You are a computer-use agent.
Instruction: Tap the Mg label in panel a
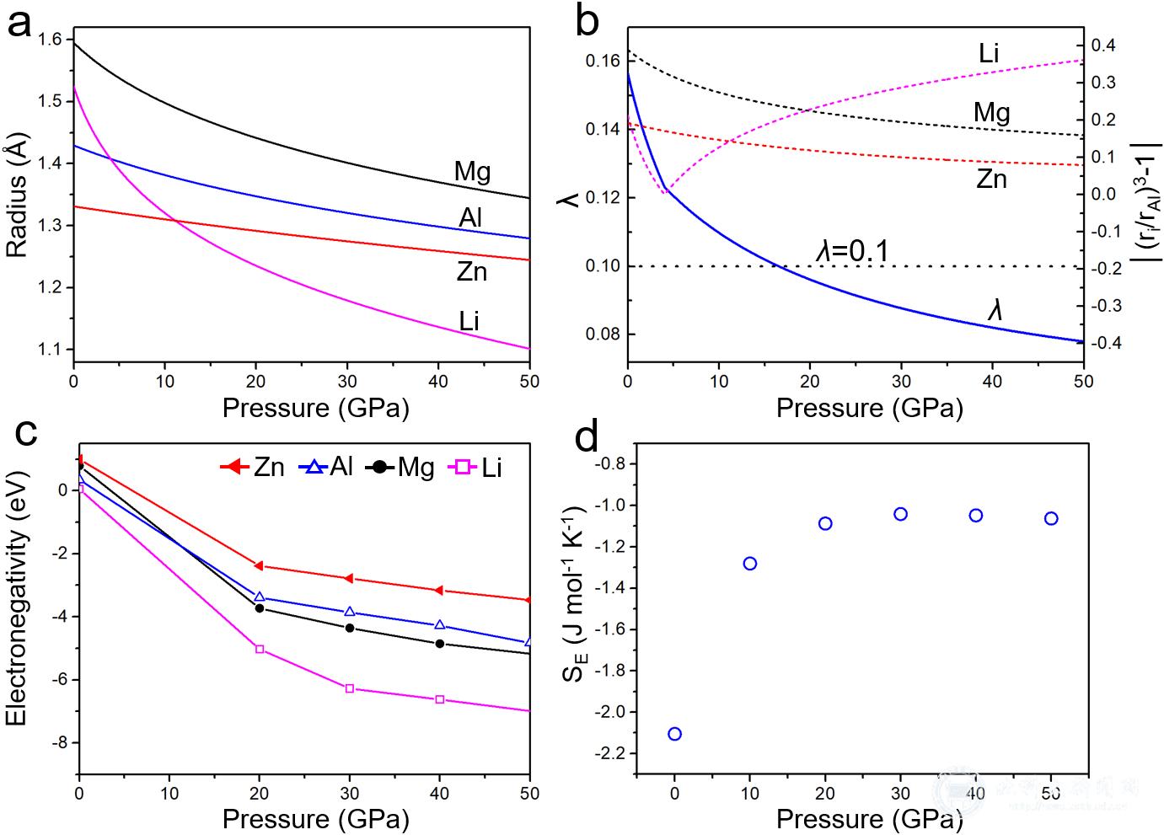[x=472, y=173]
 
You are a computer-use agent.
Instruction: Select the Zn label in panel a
[x=471, y=271]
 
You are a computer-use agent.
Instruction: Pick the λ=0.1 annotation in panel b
[x=853, y=250]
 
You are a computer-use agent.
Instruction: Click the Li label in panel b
[x=989, y=53]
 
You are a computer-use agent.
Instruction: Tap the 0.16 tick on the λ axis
[x=603, y=61]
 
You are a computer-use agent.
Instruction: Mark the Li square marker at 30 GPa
[x=350, y=688]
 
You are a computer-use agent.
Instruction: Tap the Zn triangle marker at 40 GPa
[x=439, y=591]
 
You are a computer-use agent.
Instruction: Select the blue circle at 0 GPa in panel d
[x=674, y=734]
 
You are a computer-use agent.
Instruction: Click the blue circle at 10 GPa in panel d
[x=749, y=564]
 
